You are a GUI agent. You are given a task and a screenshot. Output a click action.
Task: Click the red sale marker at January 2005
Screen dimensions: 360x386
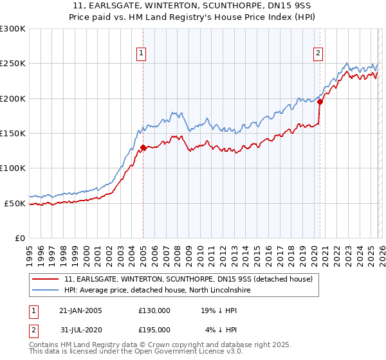click(x=143, y=147)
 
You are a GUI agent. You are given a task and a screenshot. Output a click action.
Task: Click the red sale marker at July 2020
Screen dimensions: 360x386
click(x=319, y=102)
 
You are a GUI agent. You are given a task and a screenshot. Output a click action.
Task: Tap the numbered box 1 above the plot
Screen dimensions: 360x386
click(x=140, y=54)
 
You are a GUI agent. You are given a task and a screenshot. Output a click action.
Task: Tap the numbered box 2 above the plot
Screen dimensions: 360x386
click(x=318, y=54)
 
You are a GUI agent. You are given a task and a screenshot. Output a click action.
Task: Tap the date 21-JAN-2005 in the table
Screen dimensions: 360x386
click(x=80, y=310)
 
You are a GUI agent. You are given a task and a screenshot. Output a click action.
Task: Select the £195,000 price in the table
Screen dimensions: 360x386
click(x=154, y=329)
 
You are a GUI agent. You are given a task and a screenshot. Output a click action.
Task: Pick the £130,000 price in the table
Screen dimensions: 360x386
click(x=154, y=310)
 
